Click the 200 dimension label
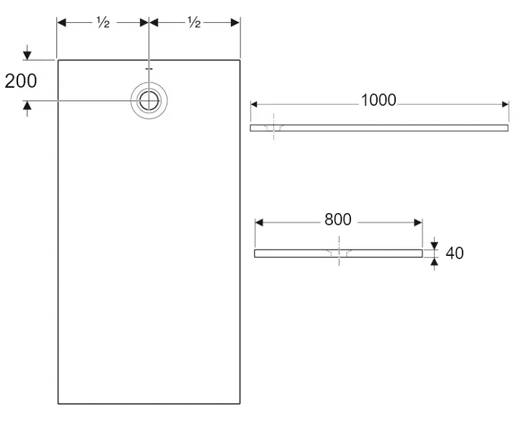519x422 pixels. click(21, 81)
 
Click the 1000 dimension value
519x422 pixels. click(378, 100)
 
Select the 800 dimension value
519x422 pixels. click(338, 220)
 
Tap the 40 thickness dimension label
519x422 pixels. click(455, 253)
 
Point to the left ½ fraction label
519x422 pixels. click(102, 23)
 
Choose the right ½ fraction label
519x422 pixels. click(194, 23)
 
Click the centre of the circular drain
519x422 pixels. click(149, 101)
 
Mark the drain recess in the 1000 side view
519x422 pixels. click(273, 127)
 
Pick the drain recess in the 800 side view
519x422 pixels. click(339, 253)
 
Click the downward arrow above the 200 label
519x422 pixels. click(27, 54)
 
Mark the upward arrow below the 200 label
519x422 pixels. click(27, 107)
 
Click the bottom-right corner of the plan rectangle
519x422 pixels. click(240, 404)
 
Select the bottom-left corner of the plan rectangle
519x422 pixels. click(58, 404)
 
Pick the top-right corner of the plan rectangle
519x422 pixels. click(240, 60)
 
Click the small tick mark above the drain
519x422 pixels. click(149, 68)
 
